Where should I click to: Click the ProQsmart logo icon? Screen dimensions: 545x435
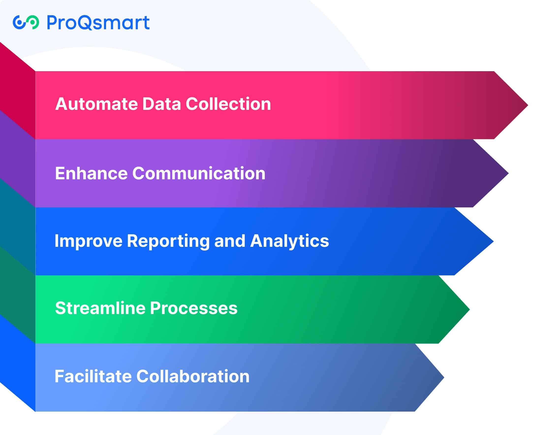(26, 22)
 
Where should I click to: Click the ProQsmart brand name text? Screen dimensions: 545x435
(98, 22)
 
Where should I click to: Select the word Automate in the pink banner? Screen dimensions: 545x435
(96, 104)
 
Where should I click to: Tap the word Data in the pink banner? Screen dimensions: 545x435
(161, 104)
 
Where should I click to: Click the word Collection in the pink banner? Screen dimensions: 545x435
(228, 104)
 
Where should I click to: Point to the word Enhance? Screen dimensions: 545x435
(91, 173)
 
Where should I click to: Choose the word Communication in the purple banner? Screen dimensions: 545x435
(199, 173)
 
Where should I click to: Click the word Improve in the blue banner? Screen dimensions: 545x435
(89, 241)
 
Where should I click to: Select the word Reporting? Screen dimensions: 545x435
(168, 241)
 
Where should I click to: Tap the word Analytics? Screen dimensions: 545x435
(289, 241)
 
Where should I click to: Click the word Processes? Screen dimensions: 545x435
(194, 308)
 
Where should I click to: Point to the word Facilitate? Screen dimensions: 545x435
(93, 376)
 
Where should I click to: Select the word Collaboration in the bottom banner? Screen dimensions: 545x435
(193, 376)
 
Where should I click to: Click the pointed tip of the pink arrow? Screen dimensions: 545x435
(528, 105)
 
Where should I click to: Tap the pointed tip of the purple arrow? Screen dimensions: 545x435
(508, 173)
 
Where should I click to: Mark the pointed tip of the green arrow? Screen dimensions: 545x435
(469, 309)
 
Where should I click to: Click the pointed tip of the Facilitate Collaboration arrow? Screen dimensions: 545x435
(444, 377)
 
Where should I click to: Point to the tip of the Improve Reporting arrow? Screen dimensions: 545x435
(493, 241)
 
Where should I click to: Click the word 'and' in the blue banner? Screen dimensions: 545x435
(230, 241)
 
